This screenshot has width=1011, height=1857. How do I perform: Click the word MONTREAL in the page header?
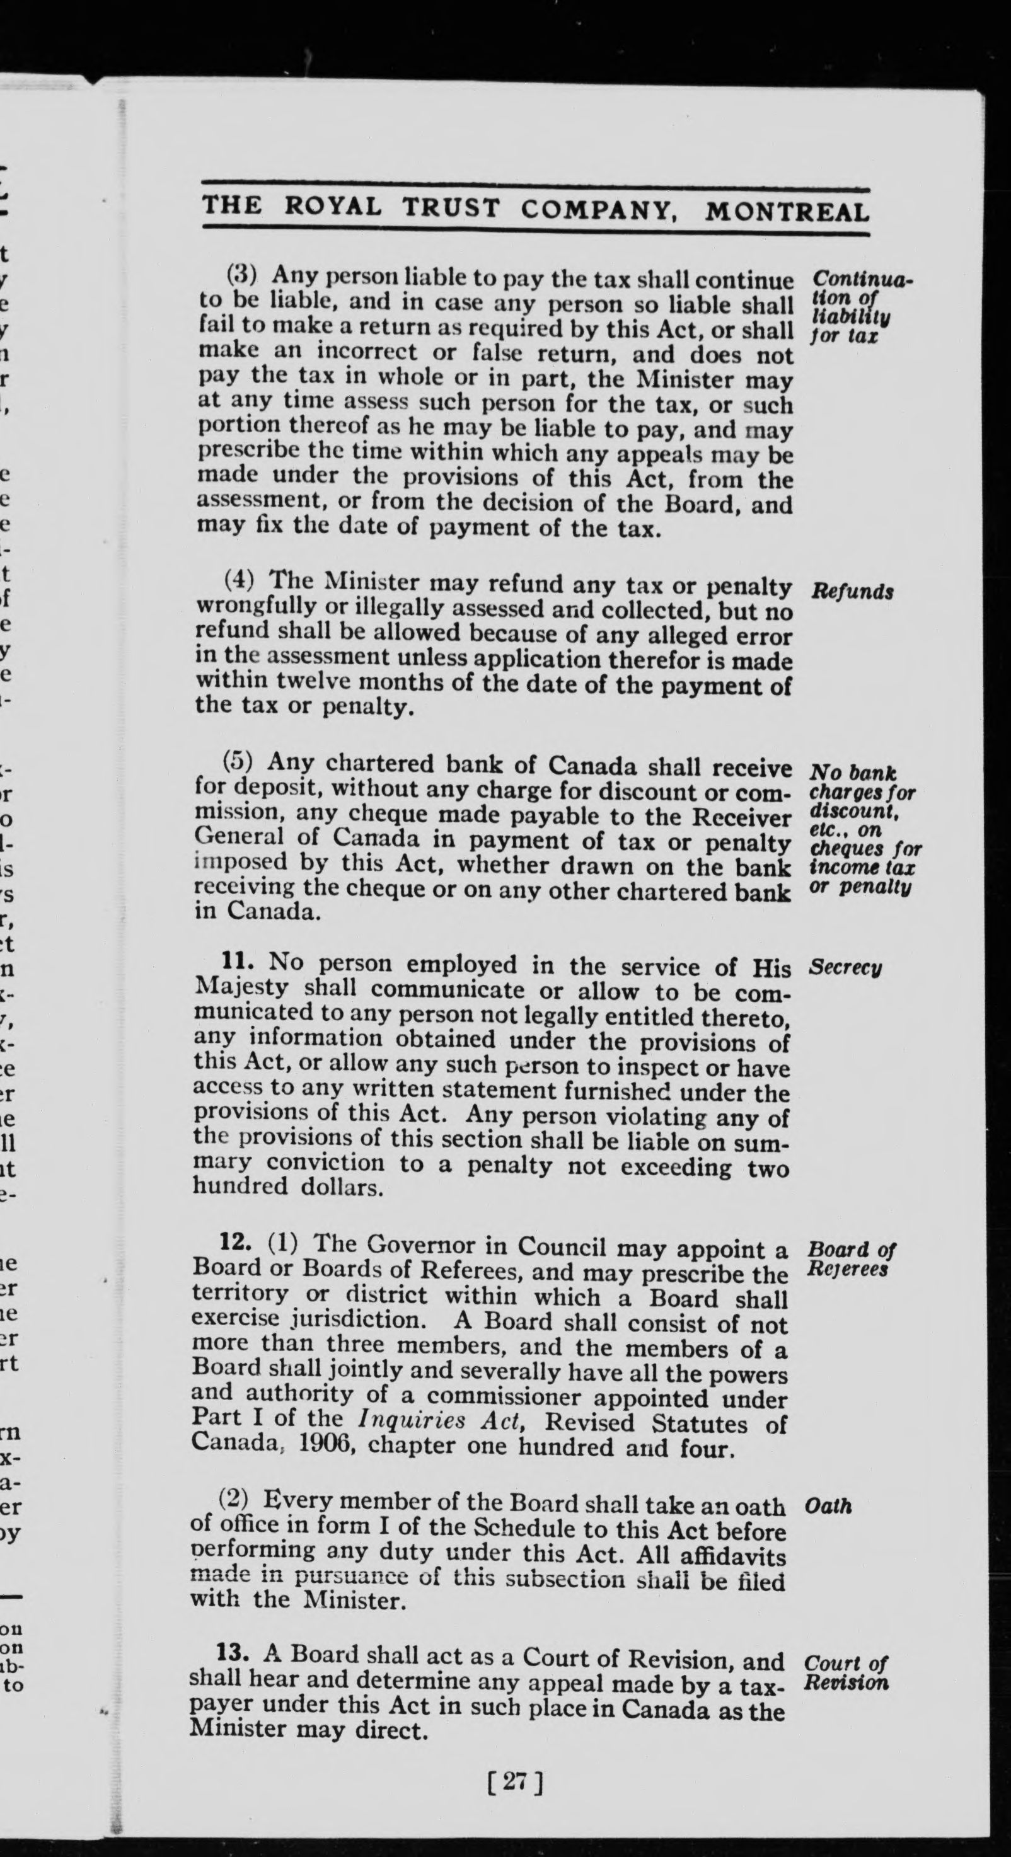coord(787,212)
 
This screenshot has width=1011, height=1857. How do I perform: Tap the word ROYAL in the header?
coord(332,207)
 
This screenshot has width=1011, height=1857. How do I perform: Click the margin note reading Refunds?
coord(852,592)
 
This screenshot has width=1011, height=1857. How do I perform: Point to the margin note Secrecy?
coord(845,967)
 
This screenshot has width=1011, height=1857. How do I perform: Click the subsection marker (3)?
coord(241,275)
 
